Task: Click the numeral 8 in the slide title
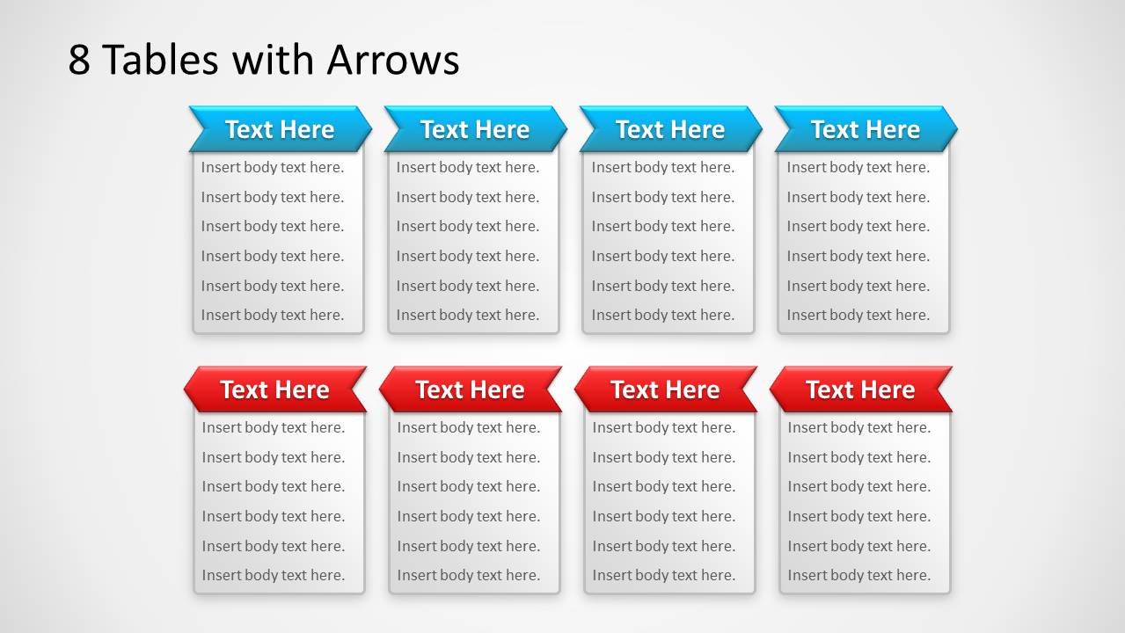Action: pos(79,60)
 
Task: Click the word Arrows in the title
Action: pos(393,60)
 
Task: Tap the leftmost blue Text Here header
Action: pos(280,129)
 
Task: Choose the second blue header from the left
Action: pos(475,129)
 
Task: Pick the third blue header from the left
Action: pos(670,129)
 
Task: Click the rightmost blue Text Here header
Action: pos(866,129)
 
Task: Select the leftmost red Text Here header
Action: pos(274,389)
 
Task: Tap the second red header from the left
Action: pos(470,389)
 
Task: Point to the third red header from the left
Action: pos(665,389)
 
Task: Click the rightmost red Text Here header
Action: pos(860,389)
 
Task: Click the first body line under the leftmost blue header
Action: pos(273,167)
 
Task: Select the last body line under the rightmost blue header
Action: pos(858,315)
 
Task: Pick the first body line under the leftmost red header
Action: pos(274,427)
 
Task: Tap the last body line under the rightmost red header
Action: pos(859,575)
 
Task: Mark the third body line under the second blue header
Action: pos(468,226)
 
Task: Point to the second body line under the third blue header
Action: pos(663,197)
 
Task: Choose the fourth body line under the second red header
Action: pos(469,516)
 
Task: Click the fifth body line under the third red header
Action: pos(664,546)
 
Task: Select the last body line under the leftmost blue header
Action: pos(273,315)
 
